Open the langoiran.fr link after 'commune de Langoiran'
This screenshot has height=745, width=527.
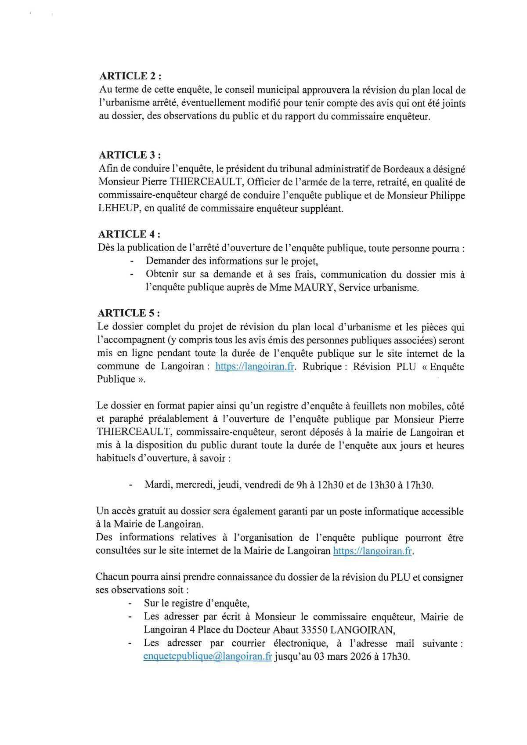point(255,367)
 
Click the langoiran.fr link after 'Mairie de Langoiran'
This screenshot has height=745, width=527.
point(372,551)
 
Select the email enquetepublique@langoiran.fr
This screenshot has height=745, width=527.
point(208,657)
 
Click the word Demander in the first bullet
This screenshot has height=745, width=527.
point(169,261)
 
